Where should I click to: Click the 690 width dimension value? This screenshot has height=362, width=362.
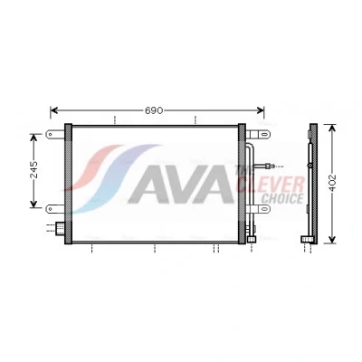click(154, 110)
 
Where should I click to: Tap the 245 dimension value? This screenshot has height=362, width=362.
click(34, 169)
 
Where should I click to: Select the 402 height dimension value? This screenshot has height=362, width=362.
click(332, 183)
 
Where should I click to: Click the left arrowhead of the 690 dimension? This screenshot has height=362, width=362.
click(54, 110)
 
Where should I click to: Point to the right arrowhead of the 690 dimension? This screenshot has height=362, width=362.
click(261, 110)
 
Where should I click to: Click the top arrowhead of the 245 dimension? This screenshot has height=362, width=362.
click(33, 138)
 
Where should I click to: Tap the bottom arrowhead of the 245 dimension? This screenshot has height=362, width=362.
click(33, 205)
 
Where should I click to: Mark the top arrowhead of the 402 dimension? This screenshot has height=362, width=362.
click(332, 128)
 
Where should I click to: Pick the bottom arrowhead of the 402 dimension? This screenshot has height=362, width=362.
click(332, 240)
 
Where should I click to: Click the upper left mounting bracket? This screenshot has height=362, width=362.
click(55, 134)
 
